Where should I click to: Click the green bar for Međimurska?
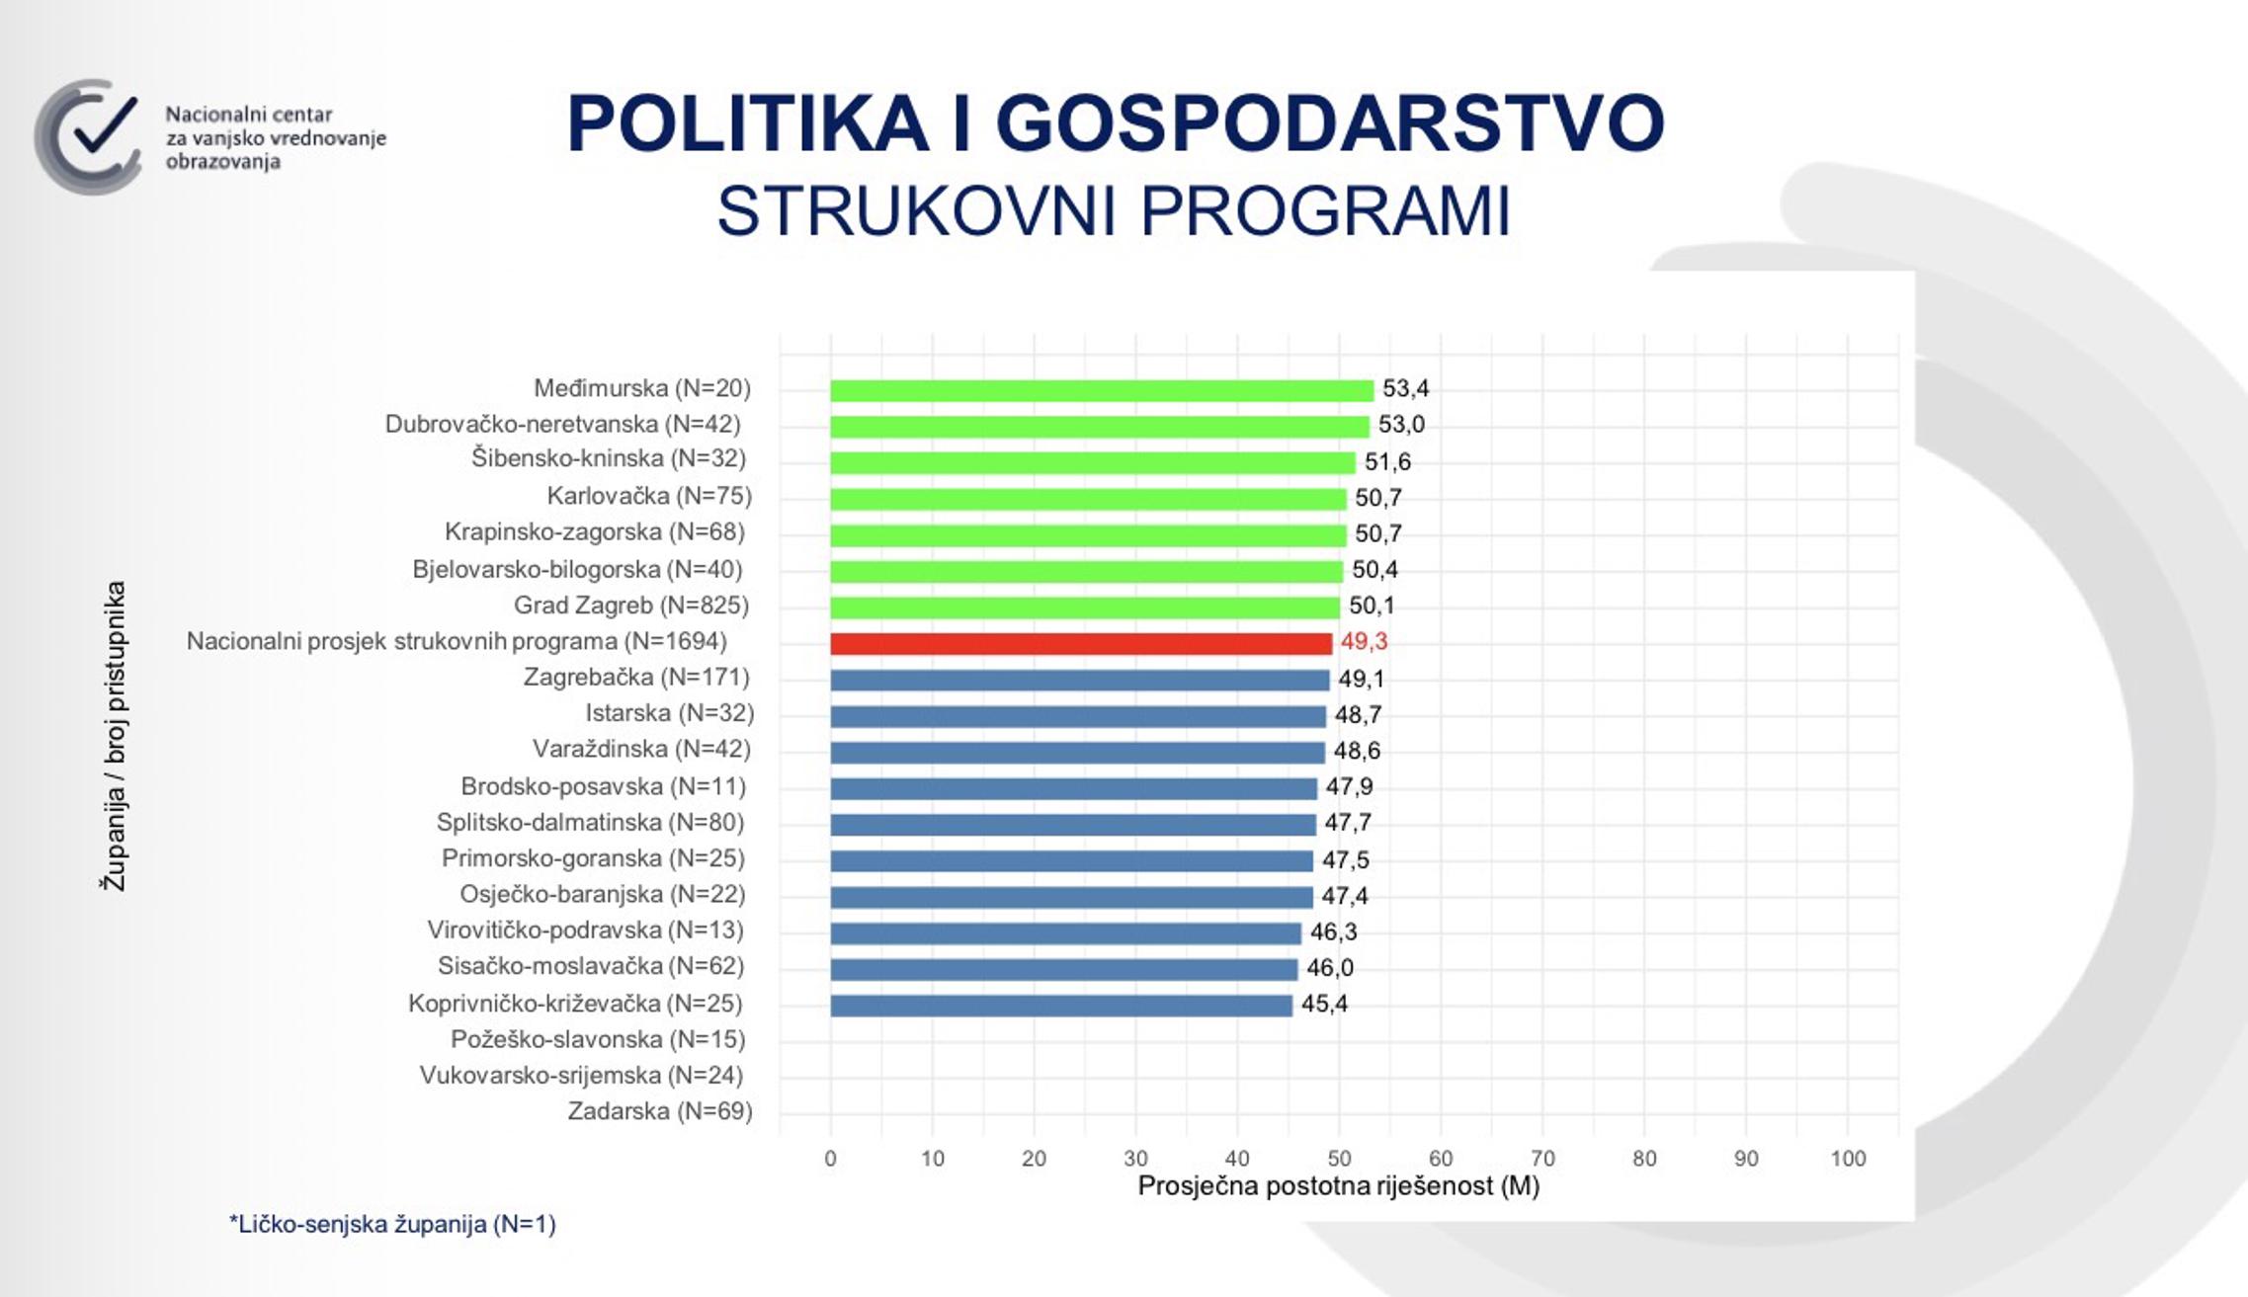[1101, 390]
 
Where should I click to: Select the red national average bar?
[1080, 643]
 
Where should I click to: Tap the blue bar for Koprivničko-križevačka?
[1060, 1006]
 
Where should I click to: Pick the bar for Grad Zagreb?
[1084, 607]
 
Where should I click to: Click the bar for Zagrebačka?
[1079, 680]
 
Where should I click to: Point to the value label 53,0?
[1401, 425]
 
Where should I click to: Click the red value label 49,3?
[1364, 642]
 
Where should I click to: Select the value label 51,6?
[1387, 461]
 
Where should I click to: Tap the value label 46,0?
[1330, 968]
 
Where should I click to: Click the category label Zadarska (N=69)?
[659, 1111]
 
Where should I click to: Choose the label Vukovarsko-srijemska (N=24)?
[581, 1075]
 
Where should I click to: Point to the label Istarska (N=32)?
[669, 713]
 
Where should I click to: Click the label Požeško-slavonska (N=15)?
[598, 1039]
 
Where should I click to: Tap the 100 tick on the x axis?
[1848, 1159]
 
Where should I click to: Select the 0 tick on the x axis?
[830, 1159]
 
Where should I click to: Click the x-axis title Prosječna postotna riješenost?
[1338, 1186]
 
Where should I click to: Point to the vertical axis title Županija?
[114, 736]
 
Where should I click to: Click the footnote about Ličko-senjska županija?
[392, 1225]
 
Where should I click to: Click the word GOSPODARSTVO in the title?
[1329, 123]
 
